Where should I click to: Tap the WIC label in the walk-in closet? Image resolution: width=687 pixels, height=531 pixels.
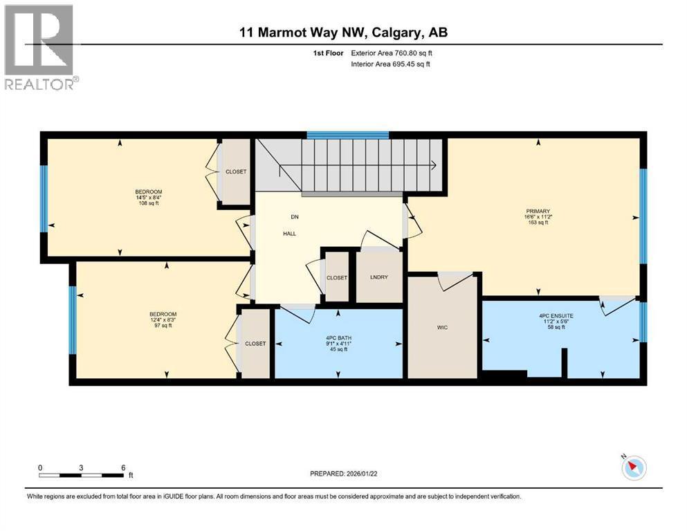pos(443,327)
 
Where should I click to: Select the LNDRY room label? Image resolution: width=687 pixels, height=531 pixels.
pos(378,277)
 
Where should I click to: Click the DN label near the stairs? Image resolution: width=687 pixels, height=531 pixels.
pos(294,216)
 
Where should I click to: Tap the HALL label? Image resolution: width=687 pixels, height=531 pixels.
pos(289,234)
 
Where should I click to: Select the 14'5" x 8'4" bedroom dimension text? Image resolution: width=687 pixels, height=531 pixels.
pos(148,198)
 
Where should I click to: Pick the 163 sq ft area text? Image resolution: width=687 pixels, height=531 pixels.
pos(538,223)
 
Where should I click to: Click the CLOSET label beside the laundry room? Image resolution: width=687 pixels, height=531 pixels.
pos(337,277)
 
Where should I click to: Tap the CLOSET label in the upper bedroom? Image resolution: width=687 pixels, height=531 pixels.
pos(236,171)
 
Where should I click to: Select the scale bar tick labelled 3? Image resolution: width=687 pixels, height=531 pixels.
pos(82,467)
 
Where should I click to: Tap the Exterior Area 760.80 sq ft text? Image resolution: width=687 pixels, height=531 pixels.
pos(392,53)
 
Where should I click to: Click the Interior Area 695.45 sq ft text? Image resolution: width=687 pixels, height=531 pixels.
pos(392,64)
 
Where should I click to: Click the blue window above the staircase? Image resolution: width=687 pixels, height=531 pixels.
pos(347,135)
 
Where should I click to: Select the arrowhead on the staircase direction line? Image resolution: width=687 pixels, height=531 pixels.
pos(433,165)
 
